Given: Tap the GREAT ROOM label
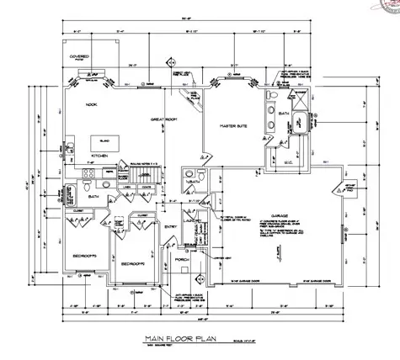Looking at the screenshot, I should tap(163, 120).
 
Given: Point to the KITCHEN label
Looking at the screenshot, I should tap(100, 157).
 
